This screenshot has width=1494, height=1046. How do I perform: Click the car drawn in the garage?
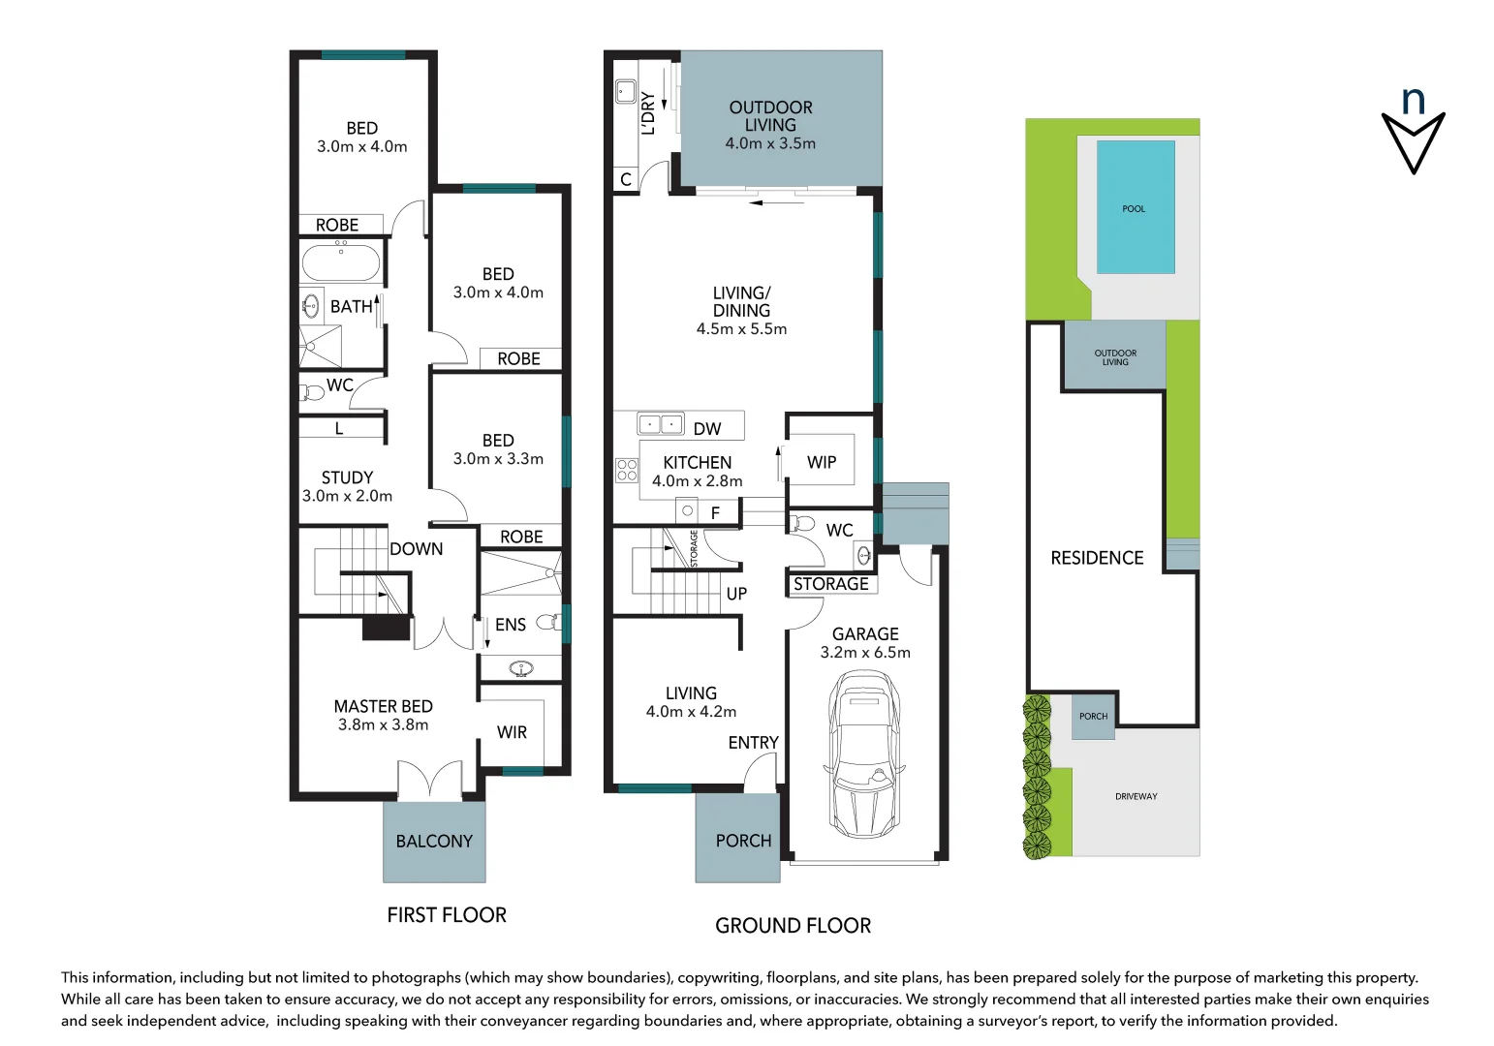(865, 755)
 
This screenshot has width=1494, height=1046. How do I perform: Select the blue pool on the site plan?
(1136, 207)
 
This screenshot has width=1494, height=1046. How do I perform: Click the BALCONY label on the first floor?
(434, 842)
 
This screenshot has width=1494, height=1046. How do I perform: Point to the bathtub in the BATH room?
(341, 262)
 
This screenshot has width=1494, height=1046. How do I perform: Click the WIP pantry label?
(822, 463)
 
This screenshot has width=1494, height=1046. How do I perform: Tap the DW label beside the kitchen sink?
(707, 429)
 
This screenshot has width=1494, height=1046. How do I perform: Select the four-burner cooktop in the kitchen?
(627, 471)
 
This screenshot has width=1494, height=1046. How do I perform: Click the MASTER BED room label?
(383, 707)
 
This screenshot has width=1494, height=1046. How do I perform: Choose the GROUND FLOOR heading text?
(793, 926)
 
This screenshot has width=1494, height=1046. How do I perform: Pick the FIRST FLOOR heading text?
(447, 915)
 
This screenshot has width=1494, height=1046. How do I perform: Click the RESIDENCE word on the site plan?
(1097, 558)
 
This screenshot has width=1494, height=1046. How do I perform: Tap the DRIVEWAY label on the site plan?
(1136, 796)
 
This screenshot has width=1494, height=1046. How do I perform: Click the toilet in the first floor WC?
(313, 392)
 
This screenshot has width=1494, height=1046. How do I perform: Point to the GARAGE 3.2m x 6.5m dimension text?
(865, 653)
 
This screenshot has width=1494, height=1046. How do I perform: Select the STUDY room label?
(347, 477)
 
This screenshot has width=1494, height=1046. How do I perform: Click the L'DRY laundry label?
(648, 113)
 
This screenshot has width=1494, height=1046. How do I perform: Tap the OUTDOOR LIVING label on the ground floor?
(770, 116)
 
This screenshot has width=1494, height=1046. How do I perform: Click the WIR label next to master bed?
(512, 732)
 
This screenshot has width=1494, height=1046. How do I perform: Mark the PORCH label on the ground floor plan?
(743, 841)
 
